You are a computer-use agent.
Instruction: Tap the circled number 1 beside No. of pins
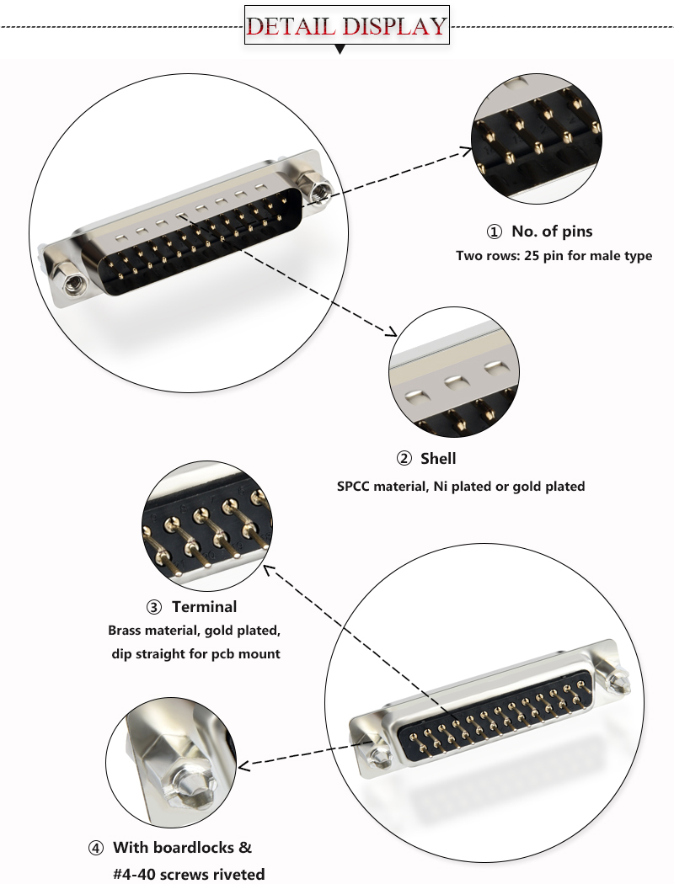coord(494,232)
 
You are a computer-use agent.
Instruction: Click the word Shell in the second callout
coord(438,459)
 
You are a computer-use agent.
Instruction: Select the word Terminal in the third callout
coord(204,607)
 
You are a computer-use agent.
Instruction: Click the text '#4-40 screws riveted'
coord(189,874)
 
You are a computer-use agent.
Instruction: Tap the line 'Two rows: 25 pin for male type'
coord(554,255)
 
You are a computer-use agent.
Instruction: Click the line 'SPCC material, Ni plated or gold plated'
coord(461,486)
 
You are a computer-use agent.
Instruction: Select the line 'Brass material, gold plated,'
coord(193,631)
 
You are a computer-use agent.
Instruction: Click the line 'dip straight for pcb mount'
coord(195,653)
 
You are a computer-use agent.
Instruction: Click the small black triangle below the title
coord(340,51)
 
